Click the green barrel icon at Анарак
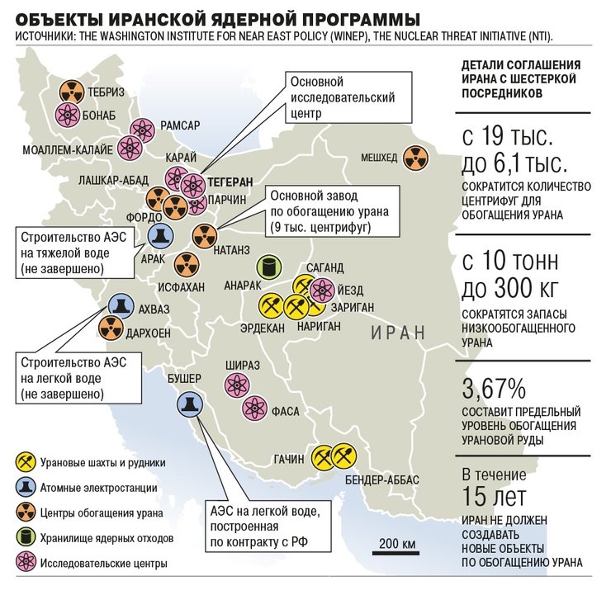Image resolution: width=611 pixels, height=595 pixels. (x=268, y=267)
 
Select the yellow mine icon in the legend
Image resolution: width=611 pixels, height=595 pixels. (x=25, y=462)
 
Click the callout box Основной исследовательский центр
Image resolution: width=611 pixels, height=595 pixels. (x=341, y=97)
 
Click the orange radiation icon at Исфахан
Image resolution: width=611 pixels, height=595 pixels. (x=187, y=265)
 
